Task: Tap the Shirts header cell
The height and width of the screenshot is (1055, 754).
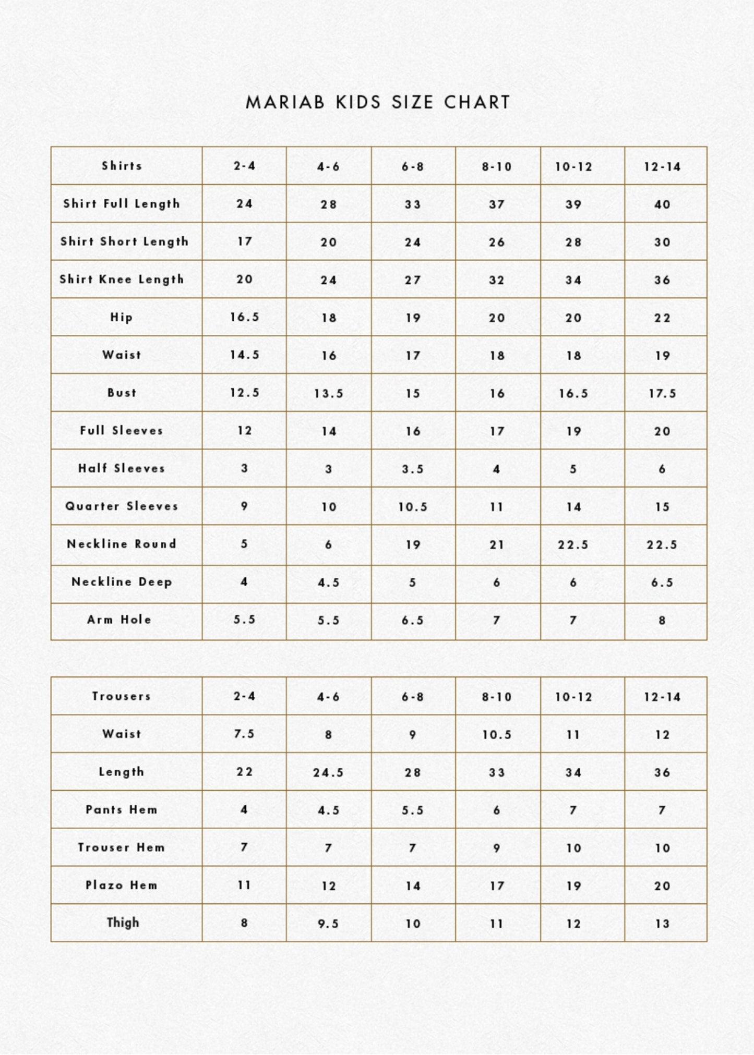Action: (122, 166)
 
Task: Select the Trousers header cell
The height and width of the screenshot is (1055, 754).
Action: (122, 696)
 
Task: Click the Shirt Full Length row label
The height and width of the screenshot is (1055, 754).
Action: (122, 204)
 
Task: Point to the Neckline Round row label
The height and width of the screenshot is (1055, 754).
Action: (122, 544)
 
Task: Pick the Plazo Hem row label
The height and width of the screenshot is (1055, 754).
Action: (122, 885)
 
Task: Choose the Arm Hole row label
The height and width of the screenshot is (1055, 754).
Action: (119, 620)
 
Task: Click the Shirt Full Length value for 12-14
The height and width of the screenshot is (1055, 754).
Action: (662, 204)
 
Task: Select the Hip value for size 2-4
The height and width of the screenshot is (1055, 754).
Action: (244, 317)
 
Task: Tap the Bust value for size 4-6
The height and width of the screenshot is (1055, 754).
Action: (329, 393)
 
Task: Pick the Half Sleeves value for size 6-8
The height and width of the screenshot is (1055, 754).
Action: (413, 469)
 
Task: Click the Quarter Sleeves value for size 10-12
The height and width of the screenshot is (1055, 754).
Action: (573, 507)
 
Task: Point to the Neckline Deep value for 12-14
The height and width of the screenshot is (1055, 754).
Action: (662, 583)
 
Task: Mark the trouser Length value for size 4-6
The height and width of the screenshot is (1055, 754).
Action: (329, 772)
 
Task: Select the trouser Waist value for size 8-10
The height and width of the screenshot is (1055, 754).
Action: (497, 735)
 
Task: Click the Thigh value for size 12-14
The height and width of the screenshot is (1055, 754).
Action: (662, 924)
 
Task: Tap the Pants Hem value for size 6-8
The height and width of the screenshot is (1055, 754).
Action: (413, 810)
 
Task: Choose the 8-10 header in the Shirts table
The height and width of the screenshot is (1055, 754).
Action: (497, 167)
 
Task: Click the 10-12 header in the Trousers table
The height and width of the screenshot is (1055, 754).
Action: (573, 697)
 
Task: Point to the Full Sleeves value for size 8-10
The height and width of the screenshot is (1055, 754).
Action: (497, 431)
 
